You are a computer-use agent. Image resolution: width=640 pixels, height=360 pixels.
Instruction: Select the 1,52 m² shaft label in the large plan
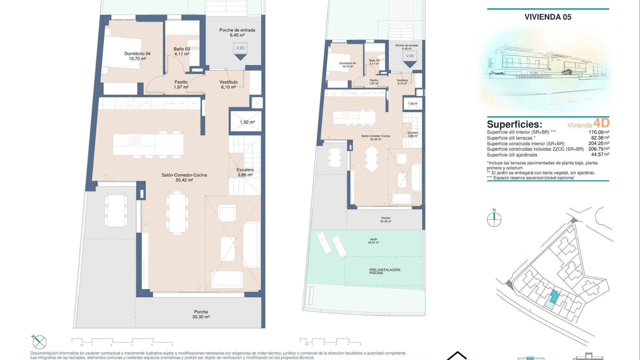click(x=247, y=122)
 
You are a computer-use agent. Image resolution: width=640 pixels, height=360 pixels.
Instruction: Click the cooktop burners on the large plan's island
click(x=134, y=141)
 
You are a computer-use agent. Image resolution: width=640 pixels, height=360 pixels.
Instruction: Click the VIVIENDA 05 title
click(x=548, y=17)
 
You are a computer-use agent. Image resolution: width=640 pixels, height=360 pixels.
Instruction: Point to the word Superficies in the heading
click(x=514, y=124)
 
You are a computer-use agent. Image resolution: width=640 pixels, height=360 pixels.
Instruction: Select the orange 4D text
click(x=601, y=123)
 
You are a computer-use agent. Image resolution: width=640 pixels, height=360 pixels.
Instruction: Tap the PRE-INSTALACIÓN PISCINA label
click(x=385, y=271)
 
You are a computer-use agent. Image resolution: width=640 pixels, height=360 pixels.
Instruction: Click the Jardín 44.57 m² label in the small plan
click(x=373, y=241)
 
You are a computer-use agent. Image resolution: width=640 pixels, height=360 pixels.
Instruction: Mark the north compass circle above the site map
click(x=494, y=219)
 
